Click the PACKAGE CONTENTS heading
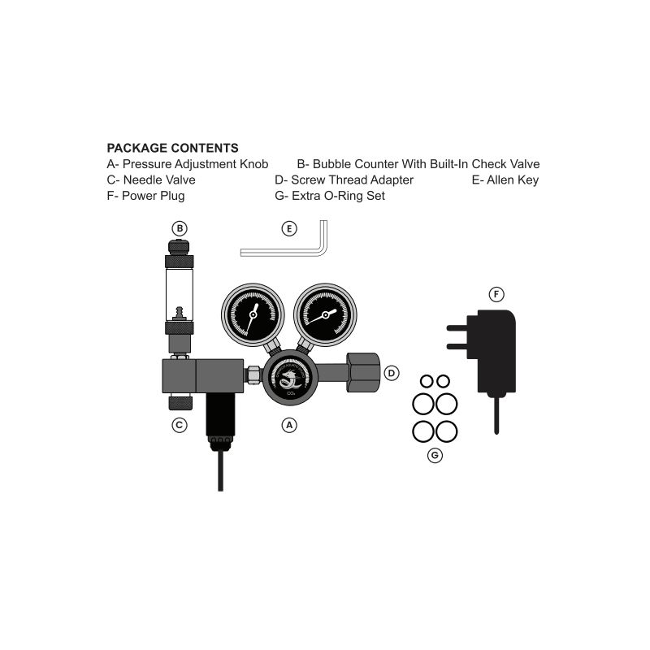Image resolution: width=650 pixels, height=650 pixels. (172, 148)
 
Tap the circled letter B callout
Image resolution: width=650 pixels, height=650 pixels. (180, 228)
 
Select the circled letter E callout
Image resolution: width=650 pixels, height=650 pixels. (289, 228)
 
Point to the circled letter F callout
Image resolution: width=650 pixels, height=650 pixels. (496, 295)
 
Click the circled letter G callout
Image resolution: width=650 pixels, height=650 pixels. (435, 456)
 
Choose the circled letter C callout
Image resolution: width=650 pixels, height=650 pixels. (180, 425)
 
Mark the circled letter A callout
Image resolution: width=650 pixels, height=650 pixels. (289, 425)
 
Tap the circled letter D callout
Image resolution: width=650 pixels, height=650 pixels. (392, 373)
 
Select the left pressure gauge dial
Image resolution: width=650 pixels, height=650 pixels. (253, 314)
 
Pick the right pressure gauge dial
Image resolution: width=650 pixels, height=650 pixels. (326, 314)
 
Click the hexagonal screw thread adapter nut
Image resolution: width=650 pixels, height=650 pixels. (363, 372)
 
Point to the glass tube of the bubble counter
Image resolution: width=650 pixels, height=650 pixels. (179, 295)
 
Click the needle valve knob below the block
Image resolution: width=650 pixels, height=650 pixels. (180, 403)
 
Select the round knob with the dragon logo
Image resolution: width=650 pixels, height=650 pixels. (290, 378)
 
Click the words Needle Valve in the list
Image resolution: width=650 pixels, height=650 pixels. (159, 180)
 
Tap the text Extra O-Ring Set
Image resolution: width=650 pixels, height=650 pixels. (338, 196)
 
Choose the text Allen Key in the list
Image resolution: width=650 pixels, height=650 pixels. (513, 180)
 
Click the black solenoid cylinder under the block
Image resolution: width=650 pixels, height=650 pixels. (220, 414)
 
